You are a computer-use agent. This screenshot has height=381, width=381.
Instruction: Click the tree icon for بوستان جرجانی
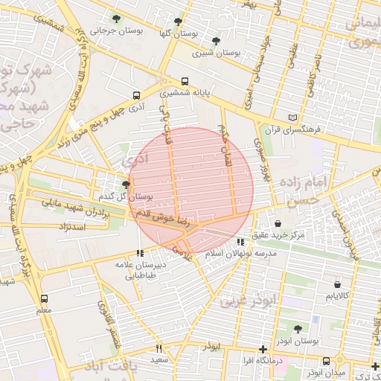click(115, 18)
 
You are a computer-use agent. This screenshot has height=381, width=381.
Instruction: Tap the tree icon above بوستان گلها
click(177, 22)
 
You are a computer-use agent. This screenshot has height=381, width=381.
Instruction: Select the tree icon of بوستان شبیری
click(216, 41)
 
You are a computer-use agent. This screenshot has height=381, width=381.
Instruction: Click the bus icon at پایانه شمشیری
click(185, 82)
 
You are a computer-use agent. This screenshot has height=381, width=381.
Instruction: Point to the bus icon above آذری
click(135, 95)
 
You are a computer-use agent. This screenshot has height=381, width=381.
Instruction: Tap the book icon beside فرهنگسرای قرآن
click(293, 118)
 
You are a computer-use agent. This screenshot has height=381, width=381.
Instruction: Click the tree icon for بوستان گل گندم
click(126, 184)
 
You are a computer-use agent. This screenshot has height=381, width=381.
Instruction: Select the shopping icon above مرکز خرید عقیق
click(278, 223)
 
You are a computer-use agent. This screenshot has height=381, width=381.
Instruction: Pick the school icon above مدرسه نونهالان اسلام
click(240, 242)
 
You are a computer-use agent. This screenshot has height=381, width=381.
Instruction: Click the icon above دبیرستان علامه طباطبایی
click(141, 253)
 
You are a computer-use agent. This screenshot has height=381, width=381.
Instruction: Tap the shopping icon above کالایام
click(339, 284)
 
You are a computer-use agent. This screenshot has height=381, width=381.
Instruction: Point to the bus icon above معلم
click(44, 298)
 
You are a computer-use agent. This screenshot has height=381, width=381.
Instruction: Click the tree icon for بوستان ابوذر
click(298, 328)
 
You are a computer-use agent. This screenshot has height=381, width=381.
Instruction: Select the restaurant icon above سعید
click(159, 348)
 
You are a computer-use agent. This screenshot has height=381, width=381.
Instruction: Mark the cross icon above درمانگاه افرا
click(262, 349)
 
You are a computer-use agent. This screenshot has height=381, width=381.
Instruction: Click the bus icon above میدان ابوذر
click(326, 361)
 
